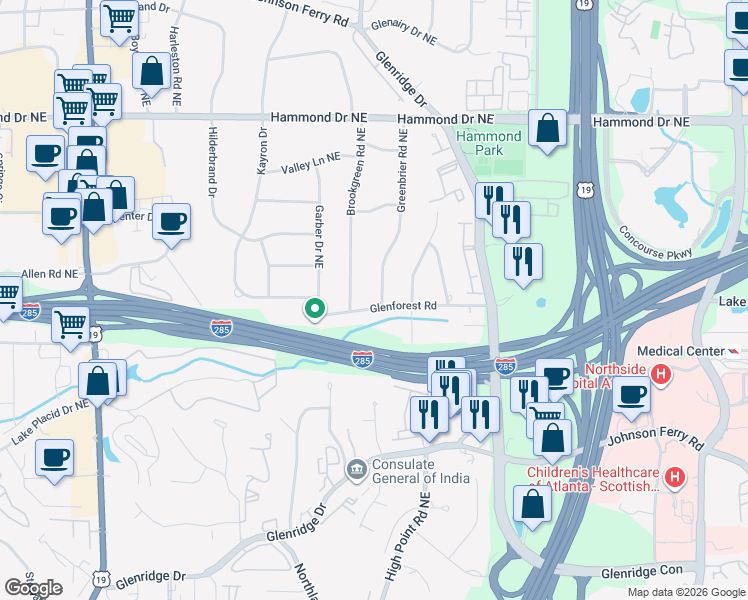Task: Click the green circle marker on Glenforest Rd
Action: pyautogui.click(x=315, y=310)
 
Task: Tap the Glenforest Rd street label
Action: pyautogui.click(x=404, y=306)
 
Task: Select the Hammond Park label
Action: pyautogui.click(x=489, y=143)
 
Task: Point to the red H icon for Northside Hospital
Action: pyautogui.click(x=660, y=374)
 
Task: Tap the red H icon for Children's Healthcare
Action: pyautogui.click(x=675, y=478)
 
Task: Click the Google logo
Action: pyautogui.click(x=33, y=588)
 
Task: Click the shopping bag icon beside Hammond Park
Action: pyautogui.click(x=547, y=129)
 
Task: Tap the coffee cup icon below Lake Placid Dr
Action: pyautogui.click(x=54, y=458)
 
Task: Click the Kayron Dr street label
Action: pyautogui.click(x=263, y=151)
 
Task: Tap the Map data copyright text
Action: pyautogui.click(x=686, y=592)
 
